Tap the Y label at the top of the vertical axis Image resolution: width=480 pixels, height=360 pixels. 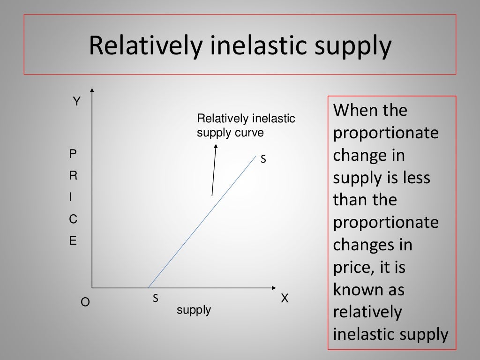pos(76,101)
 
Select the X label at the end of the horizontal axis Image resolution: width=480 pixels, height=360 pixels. pos(285,299)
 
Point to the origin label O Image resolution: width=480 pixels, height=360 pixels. pos(85,302)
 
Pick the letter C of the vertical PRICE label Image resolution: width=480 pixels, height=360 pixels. pos(73,219)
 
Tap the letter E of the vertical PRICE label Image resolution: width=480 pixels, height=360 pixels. pos(73,241)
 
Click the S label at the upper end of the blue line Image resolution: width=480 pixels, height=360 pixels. pos(263,159)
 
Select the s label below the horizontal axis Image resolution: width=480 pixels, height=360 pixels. pos(155,298)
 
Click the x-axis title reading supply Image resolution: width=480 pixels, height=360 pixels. pos(194,310)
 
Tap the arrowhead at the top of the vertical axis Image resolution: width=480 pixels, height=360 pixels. pos(92,90)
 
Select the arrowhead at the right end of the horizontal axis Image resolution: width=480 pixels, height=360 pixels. pos(273,287)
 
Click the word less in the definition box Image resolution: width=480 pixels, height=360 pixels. pos(413,178)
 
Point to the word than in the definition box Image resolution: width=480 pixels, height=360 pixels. pos(349,200)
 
